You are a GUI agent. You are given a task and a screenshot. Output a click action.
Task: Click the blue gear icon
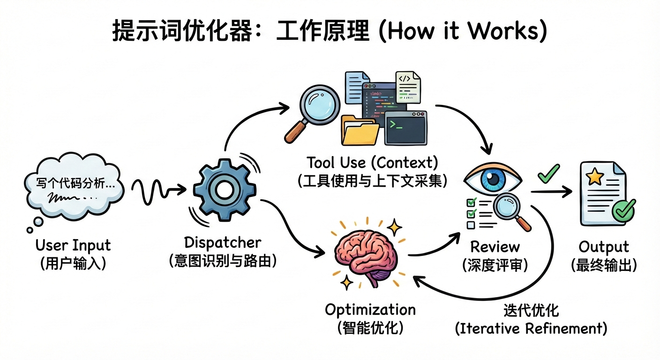(225, 190)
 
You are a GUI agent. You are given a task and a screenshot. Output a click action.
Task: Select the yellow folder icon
(360, 130)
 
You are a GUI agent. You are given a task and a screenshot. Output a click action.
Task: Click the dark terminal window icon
(406, 128)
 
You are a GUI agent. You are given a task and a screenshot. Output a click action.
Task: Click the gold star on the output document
(594, 176)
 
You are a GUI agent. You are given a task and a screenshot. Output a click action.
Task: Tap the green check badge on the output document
(623, 210)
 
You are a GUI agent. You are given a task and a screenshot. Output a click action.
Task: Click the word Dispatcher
(223, 243)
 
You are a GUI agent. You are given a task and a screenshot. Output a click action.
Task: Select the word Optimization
(370, 310)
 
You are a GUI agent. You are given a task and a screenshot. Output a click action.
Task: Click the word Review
(495, 247)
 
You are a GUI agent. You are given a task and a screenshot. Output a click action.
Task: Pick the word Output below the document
(604, 247)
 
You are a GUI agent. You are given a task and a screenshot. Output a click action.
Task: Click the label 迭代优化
(531, 310)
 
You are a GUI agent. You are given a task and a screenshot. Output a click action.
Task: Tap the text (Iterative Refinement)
(531, 329)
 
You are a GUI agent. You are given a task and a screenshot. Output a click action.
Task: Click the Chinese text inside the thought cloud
(75, 183)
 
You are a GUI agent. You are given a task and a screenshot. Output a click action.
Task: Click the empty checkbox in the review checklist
(471, 225)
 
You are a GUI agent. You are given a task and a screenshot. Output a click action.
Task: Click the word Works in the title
(503, 31)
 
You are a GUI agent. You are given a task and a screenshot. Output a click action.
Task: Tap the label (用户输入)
(73, 263)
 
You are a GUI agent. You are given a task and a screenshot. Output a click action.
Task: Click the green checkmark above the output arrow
(548, 174)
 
